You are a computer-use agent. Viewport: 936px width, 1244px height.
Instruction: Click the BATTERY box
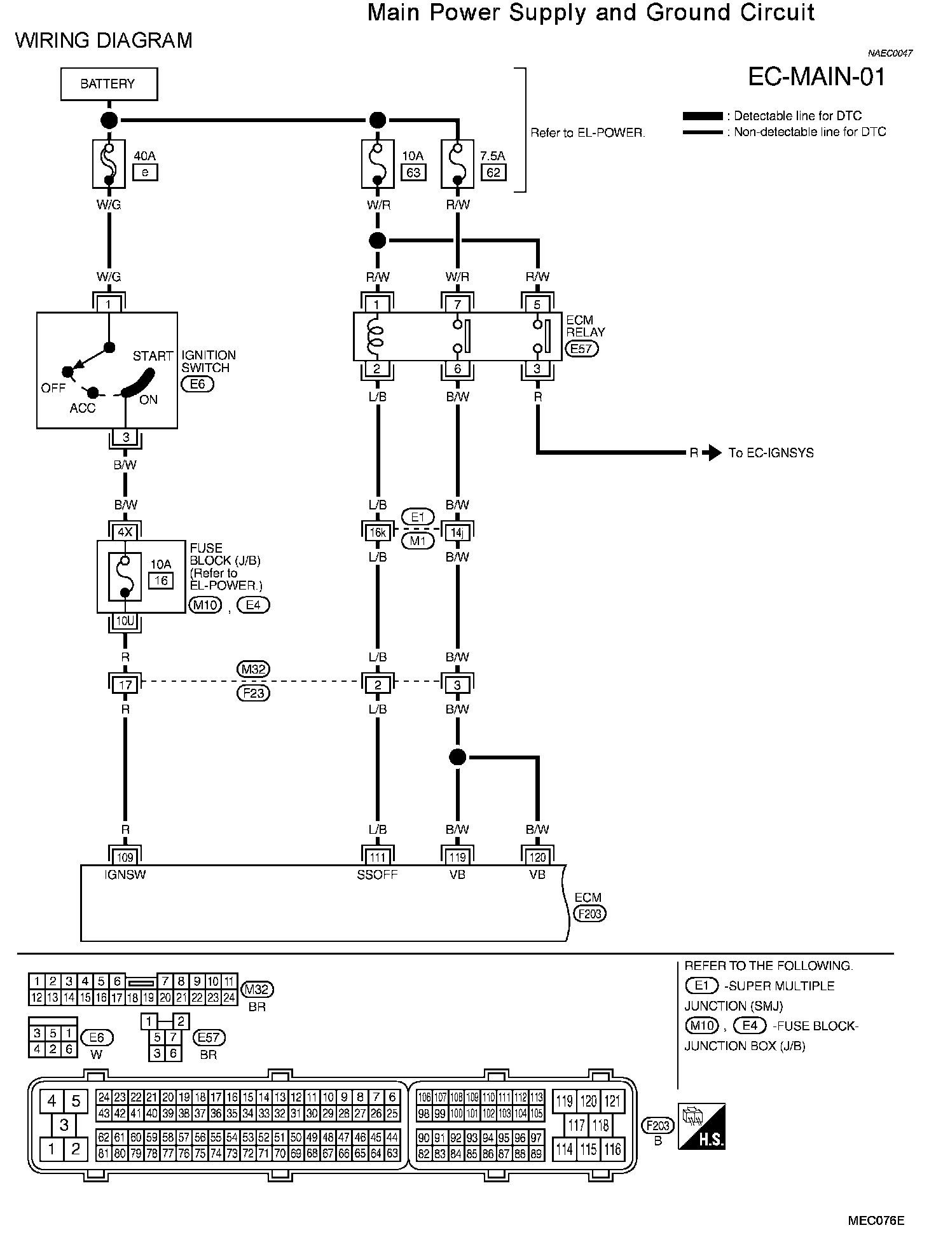pos(109,84)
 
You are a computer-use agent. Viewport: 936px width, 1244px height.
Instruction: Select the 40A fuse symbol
pos(109,163)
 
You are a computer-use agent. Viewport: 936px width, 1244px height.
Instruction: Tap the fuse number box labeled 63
pos(413,172)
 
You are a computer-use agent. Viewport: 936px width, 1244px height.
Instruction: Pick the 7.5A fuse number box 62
pos(493,172)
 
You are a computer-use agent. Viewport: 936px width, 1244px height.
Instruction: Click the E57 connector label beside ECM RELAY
pos(582,349)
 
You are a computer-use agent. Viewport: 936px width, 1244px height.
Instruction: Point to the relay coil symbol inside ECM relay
pos(376,337)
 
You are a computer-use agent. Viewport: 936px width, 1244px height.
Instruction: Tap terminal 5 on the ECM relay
pos(537,305)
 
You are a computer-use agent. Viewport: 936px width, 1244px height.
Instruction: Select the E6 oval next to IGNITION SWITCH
pos(198,384)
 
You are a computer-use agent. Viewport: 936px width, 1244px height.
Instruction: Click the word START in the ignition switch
pos(153,356)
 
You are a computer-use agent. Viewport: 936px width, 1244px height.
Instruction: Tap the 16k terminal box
pos(378,532)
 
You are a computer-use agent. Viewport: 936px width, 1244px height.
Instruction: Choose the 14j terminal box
pos(457,532)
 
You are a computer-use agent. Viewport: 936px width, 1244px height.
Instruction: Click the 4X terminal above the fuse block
pos(125,532)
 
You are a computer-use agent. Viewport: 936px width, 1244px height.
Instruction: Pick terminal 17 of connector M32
pos(125,685)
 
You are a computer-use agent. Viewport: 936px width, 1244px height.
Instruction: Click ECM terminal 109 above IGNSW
pos(125,857)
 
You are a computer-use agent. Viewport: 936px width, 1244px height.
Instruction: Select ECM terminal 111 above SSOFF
pos(378,857)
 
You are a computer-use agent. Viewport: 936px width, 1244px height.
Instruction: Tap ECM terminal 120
pos(537,857)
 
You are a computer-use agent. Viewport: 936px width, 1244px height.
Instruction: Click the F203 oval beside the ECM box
pos(590,914)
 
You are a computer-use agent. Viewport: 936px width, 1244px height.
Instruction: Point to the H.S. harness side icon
pos(701,1126)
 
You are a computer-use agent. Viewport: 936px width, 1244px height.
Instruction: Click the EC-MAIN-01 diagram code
pos(816,77)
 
